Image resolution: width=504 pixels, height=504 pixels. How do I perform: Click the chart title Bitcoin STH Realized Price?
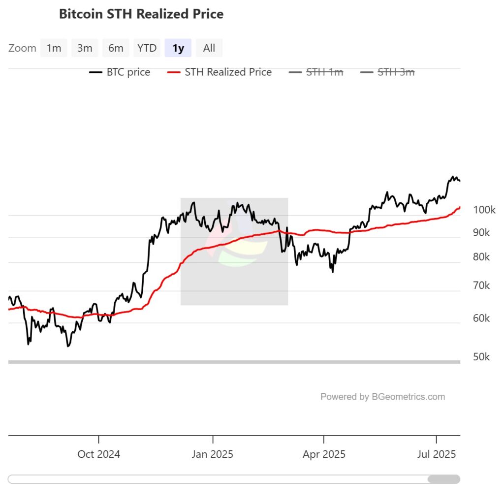141,14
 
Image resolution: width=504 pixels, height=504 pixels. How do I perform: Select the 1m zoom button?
54,48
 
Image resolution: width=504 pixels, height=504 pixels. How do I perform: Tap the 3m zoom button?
85,48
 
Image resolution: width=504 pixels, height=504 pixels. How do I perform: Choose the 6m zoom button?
116,48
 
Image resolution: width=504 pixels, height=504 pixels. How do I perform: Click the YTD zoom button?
147,48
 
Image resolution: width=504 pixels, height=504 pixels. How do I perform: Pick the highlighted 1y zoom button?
178,48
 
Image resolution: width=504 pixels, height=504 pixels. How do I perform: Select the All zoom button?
209,48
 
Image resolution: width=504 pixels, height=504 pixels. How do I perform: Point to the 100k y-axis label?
484,210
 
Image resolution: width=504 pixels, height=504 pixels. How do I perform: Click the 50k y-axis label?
481,357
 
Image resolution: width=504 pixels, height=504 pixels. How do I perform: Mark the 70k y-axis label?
481,285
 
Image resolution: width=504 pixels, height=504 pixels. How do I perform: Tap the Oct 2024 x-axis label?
98,454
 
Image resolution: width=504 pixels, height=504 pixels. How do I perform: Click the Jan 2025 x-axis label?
213,454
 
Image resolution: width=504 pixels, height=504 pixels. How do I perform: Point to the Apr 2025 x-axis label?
324,454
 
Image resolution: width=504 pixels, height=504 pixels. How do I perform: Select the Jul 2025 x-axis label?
437,454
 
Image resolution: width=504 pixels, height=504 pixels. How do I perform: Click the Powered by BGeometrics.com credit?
382,397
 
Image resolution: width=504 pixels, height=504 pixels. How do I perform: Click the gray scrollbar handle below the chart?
443,479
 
